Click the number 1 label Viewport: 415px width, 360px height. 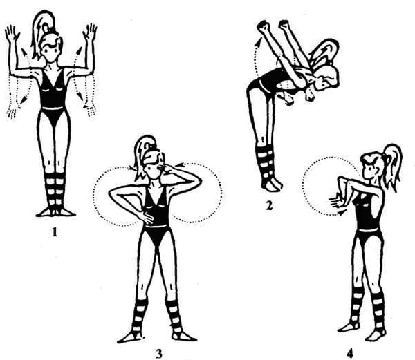[x=55, y=232]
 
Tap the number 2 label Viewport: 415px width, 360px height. [x=269, y=206]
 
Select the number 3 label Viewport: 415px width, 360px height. [x=159, y=354]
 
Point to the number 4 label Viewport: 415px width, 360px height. [x=350, y=354]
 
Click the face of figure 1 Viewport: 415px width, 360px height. [x=50, y=53]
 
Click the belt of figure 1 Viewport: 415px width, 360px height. [x=53, y=108]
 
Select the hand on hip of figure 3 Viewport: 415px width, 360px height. [x=147, y=218]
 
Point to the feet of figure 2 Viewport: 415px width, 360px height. [x=272, y=184]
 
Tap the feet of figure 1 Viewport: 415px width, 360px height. [x=56, y=212]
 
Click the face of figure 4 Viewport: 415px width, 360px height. [x=369, y=169]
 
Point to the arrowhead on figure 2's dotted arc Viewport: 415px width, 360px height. [x=259, y=42]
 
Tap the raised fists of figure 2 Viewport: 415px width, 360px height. [x=273, y=26]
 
